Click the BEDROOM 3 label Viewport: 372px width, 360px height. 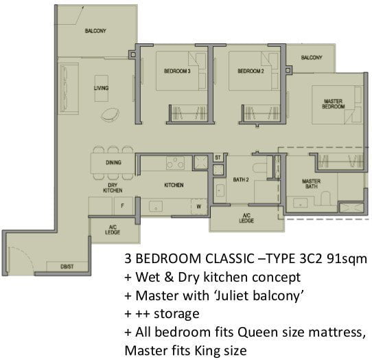177,71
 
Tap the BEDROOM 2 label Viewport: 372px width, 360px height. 251,71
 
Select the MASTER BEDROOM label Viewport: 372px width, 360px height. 333,104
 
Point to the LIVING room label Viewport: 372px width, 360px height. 102,88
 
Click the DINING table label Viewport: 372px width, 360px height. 113,162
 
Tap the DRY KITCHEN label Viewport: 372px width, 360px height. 113,188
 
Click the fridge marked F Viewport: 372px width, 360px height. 123,205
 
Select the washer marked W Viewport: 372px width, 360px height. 199,207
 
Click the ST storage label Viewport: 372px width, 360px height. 218,157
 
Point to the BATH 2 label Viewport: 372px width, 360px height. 241,179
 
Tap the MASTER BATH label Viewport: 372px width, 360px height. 312,184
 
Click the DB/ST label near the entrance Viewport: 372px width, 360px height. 67,267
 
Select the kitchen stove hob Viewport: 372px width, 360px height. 175,163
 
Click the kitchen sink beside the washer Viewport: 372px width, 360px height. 156,206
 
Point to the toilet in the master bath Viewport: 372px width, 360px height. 325,198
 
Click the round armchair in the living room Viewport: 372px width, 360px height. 110,115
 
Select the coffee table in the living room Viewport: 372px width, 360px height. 102,89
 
